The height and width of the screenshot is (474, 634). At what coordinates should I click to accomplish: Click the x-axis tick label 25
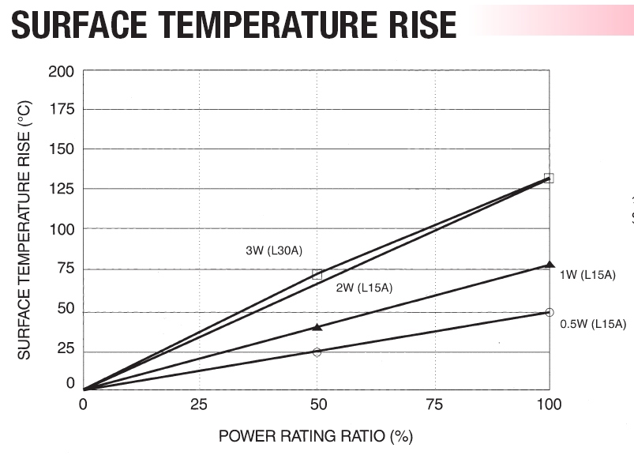click(x=198, y=405)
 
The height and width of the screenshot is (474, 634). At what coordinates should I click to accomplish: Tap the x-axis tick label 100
click(x=549, y=405)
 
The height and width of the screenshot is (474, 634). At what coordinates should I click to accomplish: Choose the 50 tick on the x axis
click(x=317, y=405)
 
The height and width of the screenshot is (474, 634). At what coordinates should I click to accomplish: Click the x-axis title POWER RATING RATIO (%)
click(x=316, y=436)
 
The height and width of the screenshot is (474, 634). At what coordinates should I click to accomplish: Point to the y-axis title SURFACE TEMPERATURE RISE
click(x=24, y=229)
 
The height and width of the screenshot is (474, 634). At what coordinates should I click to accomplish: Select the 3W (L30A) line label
click(x=274, y=251)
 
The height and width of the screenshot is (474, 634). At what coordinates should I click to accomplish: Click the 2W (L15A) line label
click(x=364, y=288)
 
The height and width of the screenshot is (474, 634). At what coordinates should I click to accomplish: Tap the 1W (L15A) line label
click(x=587, y=275)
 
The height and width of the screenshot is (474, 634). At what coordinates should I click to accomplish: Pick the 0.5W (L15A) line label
click(x=593, y=324)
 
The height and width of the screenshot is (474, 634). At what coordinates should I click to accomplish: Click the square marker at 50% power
click(x=317, y=275)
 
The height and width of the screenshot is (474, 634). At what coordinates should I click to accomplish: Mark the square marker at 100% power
click(x=549, y=179)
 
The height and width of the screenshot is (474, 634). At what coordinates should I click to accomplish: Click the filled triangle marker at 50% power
click(x=317, y=326)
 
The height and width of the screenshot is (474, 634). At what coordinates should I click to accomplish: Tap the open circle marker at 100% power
click(x=550, y=312)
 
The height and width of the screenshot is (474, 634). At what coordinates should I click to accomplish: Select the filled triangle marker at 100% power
click(x=550, y=265)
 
